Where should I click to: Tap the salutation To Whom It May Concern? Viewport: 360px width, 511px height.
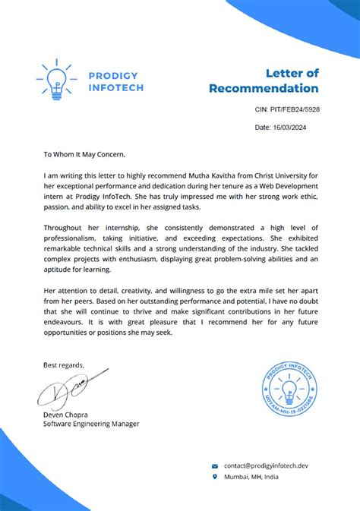tap(90, 154)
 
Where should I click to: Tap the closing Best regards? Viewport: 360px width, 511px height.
tap(65, 365)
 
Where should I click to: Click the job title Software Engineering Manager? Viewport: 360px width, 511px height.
tap(91, 424)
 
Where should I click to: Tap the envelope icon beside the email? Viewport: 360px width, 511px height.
tap(215, 465)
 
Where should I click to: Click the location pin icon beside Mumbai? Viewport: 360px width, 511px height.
tap(215, 477)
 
